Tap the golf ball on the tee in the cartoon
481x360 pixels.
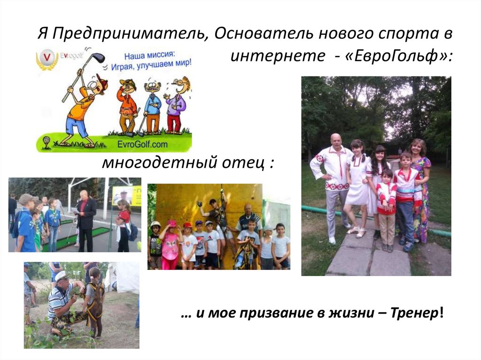point(47,140)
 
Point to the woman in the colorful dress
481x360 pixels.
point(419,188)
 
